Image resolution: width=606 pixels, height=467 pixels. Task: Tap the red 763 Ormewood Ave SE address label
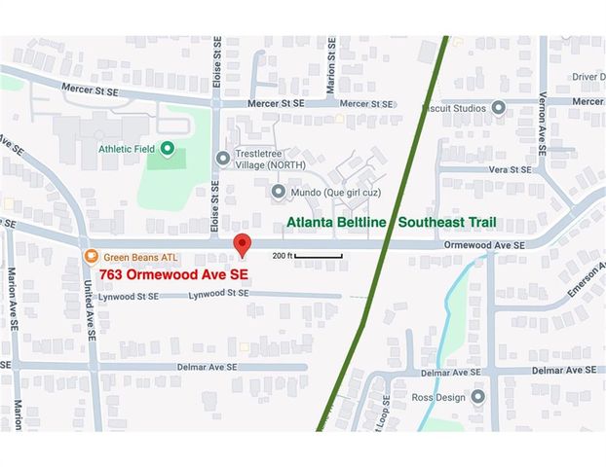pyautogui.click(x=173, y=274)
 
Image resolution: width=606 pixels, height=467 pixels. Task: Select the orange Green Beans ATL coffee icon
pyautogui.click(x=90, y=256)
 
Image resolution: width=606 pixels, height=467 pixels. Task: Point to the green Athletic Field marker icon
pyautogui.click(x=167, y=149)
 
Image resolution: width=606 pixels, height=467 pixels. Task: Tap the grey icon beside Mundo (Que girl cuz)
pyautogui.click(x=278, y=191)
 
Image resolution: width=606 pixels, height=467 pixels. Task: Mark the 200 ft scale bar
pyautogui.click(x=318, y=255)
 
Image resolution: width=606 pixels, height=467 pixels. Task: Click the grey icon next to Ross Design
pyautogui.click(x=477, y=397)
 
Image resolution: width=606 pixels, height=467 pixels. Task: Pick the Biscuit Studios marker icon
pyautogui.click(x=499, y=108)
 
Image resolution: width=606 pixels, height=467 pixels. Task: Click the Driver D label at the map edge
pyautogui.click(x=588, y=76)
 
